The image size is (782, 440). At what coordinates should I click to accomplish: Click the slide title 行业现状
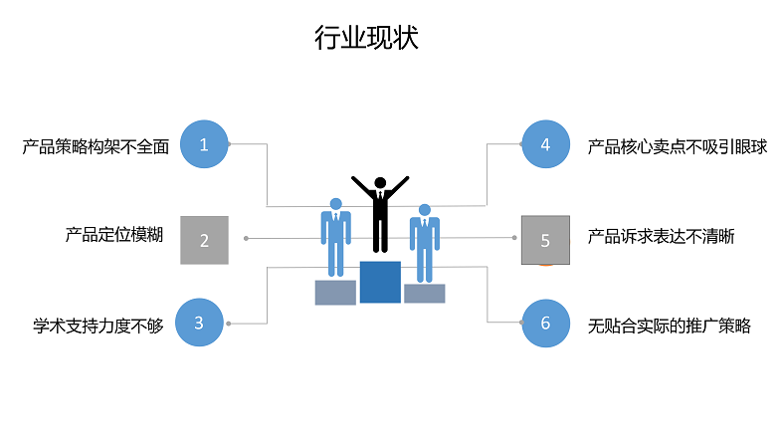pyautogui.click(x=366, y=39)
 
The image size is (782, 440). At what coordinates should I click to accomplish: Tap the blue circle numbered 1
pyautogui.click(x=204, y=144)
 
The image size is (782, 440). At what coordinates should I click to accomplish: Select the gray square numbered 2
pyautogui.click(x=204, y=240)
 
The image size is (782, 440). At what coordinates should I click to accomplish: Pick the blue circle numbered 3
pyautogui.click(x=199, y=322)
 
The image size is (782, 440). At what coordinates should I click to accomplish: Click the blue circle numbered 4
pyautogui.click(x=545, y=144)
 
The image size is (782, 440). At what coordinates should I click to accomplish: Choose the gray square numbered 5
pyautogui.click(x=545, y=240)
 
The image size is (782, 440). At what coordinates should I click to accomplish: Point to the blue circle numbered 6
pyautogui.click(x=545, y=323)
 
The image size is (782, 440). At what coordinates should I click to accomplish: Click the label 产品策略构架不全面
pyautogui.click(x=96, y=147)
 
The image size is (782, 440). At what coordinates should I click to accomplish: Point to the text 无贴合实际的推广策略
pyautogui.click(x=669, y=325)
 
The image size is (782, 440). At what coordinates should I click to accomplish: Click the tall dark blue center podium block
pyautogui.click(x=380, y=282)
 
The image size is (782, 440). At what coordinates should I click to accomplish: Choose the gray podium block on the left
pyautogui.click(x=335, y=292)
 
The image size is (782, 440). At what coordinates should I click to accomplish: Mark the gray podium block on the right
pyautogui.click(x=424, y=294)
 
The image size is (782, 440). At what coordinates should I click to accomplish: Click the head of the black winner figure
pyautogui.click(x=379, y=183)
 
